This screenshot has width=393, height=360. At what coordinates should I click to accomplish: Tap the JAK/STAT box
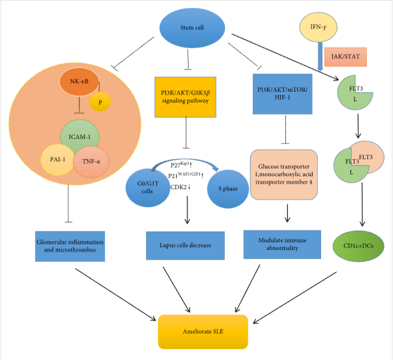(347, 57)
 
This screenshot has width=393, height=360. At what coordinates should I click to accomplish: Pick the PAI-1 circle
(57, 160)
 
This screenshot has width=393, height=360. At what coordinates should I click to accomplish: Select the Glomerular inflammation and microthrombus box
(69, 246)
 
